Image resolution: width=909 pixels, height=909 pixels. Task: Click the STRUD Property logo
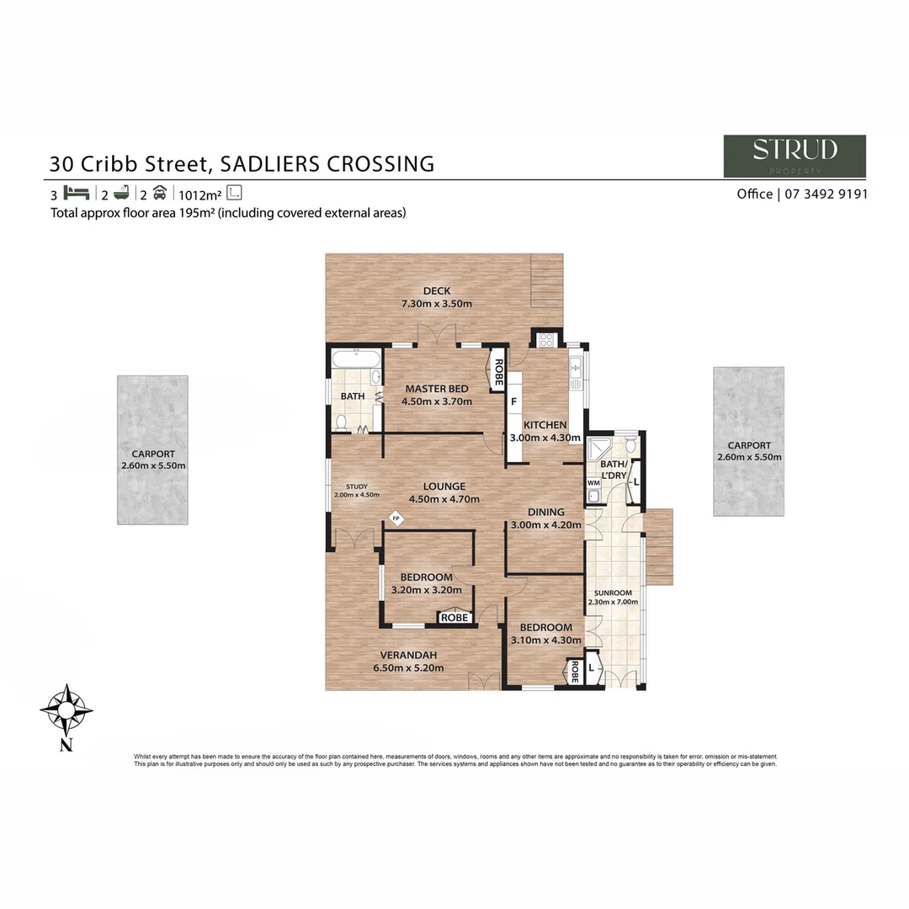(x=795, y=156)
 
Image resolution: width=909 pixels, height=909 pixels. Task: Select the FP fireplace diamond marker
(x=396, y=518)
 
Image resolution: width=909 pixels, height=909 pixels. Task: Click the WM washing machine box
(x=593, y=482)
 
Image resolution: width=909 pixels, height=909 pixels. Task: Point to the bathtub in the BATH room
(x=356, y=360)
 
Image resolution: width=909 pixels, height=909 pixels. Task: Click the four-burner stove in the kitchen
(x=545, y=341)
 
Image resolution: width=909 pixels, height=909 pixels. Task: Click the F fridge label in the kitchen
(x=513, y=401)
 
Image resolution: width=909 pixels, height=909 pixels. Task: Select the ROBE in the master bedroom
(x=498, y=371)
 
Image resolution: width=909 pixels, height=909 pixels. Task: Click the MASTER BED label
(x=437, y=389)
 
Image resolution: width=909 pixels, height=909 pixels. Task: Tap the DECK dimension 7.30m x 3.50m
(x=437, y=304)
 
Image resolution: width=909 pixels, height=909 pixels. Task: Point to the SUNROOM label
(x=613, y=593)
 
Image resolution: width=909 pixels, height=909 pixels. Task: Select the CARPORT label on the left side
(x=152, y=454)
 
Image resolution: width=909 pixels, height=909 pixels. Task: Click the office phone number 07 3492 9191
(x=826, y=194)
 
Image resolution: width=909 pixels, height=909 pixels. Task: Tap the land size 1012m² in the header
(x=199, y=193)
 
